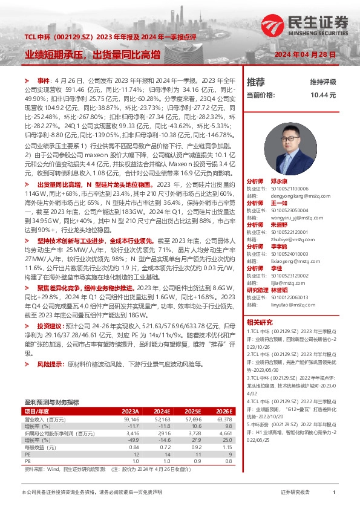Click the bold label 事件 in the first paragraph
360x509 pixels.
pos(44,81)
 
